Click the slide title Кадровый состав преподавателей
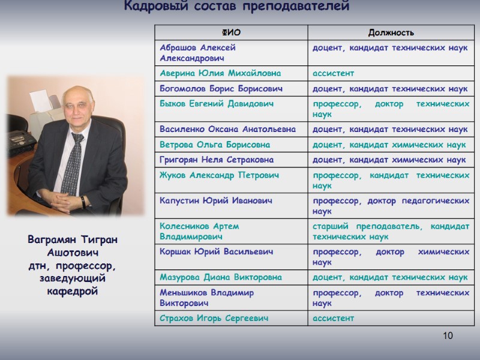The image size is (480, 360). click(236, 7)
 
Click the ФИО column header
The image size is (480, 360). click(231, 32)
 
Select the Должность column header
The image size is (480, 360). click(391, 32)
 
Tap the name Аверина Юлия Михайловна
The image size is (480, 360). click(220, 73)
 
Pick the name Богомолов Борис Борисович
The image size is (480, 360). click(221, 89)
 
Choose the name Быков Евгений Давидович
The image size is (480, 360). click(217, 104)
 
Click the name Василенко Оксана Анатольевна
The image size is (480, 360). click(228, 129)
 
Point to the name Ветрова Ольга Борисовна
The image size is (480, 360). click(215, 145)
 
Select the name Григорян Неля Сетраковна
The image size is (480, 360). click(217, 160)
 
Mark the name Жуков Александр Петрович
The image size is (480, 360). click(219, 175)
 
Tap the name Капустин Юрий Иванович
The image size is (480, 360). click(216, 200)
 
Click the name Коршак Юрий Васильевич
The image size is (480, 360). click(217, 251)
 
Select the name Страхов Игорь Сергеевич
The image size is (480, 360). click(214, 318)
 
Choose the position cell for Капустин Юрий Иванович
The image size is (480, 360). click(391, 206)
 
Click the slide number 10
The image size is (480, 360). click(448, 335)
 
